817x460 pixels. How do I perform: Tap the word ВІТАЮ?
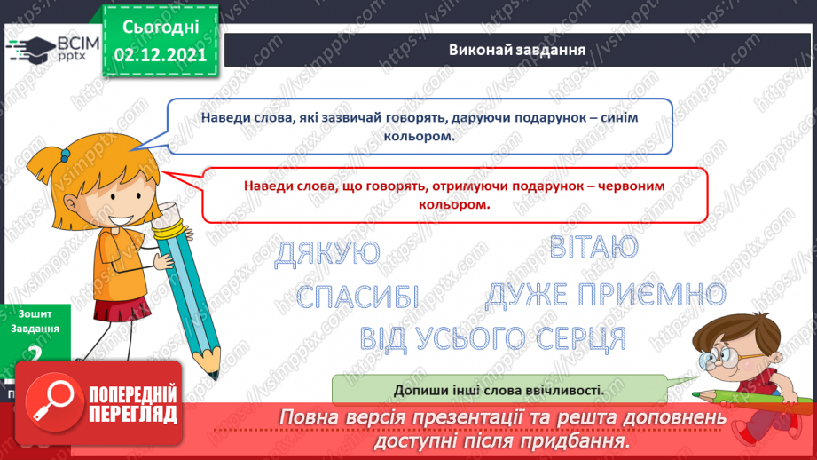coord(593,247)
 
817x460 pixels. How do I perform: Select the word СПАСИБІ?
coord(357,297)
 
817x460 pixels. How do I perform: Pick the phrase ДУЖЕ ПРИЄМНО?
coord(605,295)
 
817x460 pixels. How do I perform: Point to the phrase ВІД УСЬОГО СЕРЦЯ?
coord(493,338)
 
